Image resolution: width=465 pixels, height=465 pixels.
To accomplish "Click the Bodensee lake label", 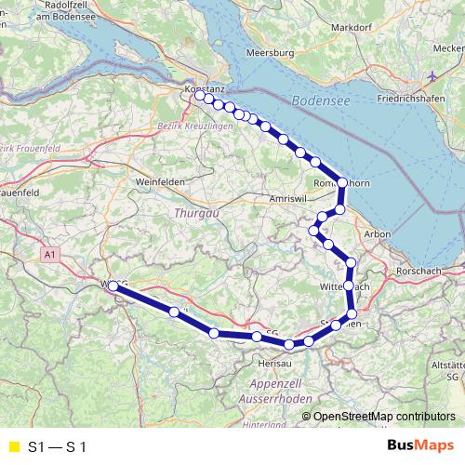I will click(321, 100).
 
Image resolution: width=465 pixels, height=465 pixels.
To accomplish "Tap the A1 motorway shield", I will click(51, 252).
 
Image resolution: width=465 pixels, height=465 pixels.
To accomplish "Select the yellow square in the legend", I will click(13, 445).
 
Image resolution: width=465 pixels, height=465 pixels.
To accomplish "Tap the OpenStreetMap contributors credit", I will click(383, 416).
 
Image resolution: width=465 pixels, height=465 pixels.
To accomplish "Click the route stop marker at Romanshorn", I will click(342, 183).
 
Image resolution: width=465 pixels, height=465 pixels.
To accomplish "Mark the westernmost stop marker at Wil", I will click(113, 287).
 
